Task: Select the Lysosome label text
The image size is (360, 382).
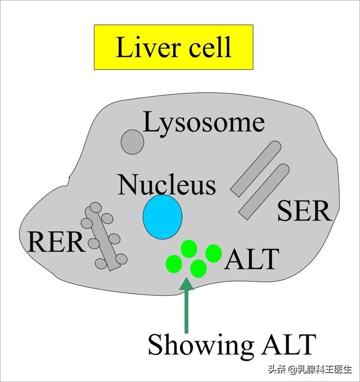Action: tap(204, 124)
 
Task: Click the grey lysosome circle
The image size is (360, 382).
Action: tap(133, 142)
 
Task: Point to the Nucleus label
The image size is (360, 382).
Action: tap(166, 185)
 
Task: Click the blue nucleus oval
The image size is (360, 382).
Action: tap(163, 217)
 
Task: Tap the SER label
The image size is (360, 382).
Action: tap(304, 211)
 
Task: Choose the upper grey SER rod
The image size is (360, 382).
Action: tap(256, 168)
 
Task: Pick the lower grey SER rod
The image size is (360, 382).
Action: tap(264, 192)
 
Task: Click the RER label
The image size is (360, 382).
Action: tap(56, 242)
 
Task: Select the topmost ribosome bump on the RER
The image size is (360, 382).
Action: tap(96, 208)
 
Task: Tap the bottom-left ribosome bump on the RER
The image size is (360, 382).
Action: tap(101, 264)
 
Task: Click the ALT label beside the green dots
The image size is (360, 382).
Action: tap(251, 259)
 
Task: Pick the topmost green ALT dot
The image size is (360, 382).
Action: tap(189, 249)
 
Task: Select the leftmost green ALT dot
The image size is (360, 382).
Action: tap(174, 264)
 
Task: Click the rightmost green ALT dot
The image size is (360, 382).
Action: tap(214, 253)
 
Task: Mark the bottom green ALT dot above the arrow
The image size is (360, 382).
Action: tap(199, 268)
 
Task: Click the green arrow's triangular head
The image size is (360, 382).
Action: tap(187, 284)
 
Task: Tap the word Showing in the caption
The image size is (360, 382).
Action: tap(201, 345)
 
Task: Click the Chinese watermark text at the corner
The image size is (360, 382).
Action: tap(310, 369)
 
